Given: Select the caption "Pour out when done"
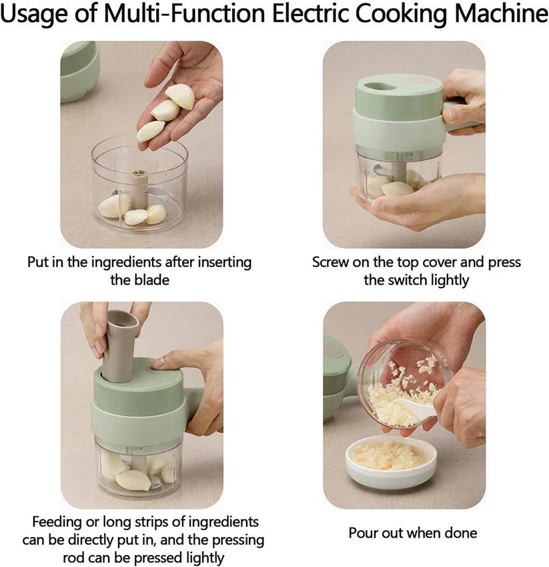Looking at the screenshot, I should click(412, 533).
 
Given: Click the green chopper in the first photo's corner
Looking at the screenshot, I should click(79, 70).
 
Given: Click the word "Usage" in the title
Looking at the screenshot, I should click(37, 15).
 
